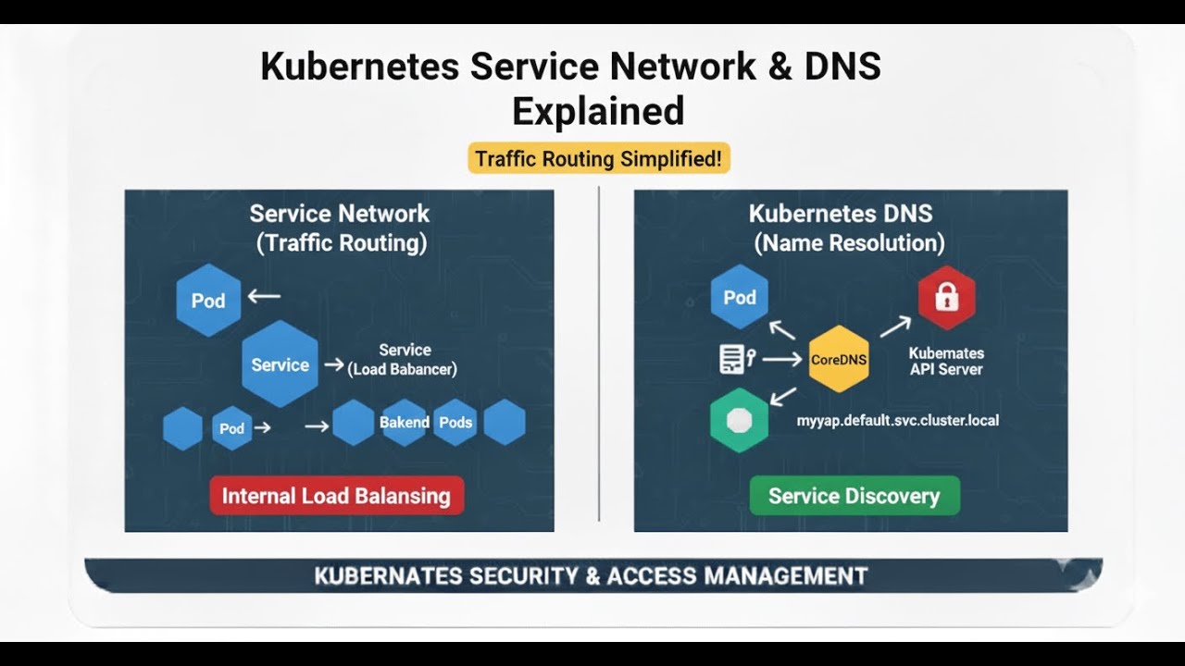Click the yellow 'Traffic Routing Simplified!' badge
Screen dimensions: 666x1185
pyautogui.click(x=598, y=158)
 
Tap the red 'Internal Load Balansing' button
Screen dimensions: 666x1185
pyautogui.click(x=336, y=496)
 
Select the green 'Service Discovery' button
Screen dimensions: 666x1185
pyautogui.click(x=854, y=496)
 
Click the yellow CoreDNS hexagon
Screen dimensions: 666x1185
pyautogui.click(x=839, y=360)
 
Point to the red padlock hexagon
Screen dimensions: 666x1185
pyautogui.click(x=946, y=297)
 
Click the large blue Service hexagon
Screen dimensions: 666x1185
pyautogui.click(x=280, y=364)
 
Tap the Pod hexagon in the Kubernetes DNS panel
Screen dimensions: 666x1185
pyautogui.click(x=739, y=297)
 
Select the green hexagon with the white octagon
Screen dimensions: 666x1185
pyautogui.click(x=739, y=421)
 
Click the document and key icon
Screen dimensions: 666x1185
pyautogui.click(x=737, y=359)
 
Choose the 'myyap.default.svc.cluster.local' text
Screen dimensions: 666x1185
pyautogui.click(x=897, y=420)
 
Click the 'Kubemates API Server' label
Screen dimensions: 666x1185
pyautogui.click(x=945, y=361)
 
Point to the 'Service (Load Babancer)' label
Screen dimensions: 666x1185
pyautogui.click(x=404, y=360)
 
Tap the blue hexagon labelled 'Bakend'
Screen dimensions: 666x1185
pyautogui.click(x=404, y=423)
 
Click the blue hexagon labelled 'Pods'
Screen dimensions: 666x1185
pyautogui.click(x=455, y=423)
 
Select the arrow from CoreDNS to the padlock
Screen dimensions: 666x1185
pyautogui.click(x=894, y=325)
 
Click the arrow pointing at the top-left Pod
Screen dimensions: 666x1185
pyautogui.click(x=264, y=297)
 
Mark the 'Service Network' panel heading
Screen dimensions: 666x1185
pyautogui.click(x=339, y=214)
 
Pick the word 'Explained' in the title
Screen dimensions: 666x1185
pyautogui.click(x=597, y=111)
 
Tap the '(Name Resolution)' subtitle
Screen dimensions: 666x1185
pyautogui.click(x=849, y=243)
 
